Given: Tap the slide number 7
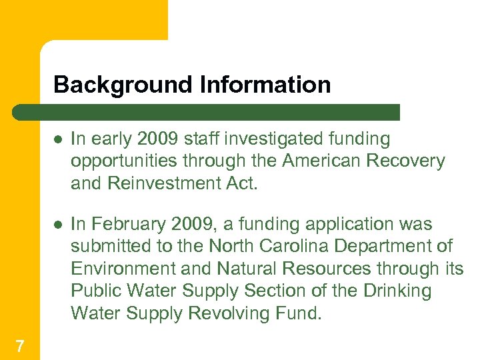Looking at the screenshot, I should pyautogui.click(x=20, y=345).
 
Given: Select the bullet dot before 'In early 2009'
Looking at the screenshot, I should pyautogui.click(x=59, y=139).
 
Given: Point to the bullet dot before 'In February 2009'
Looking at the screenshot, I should pyautogui.click(x=59, y=225).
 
